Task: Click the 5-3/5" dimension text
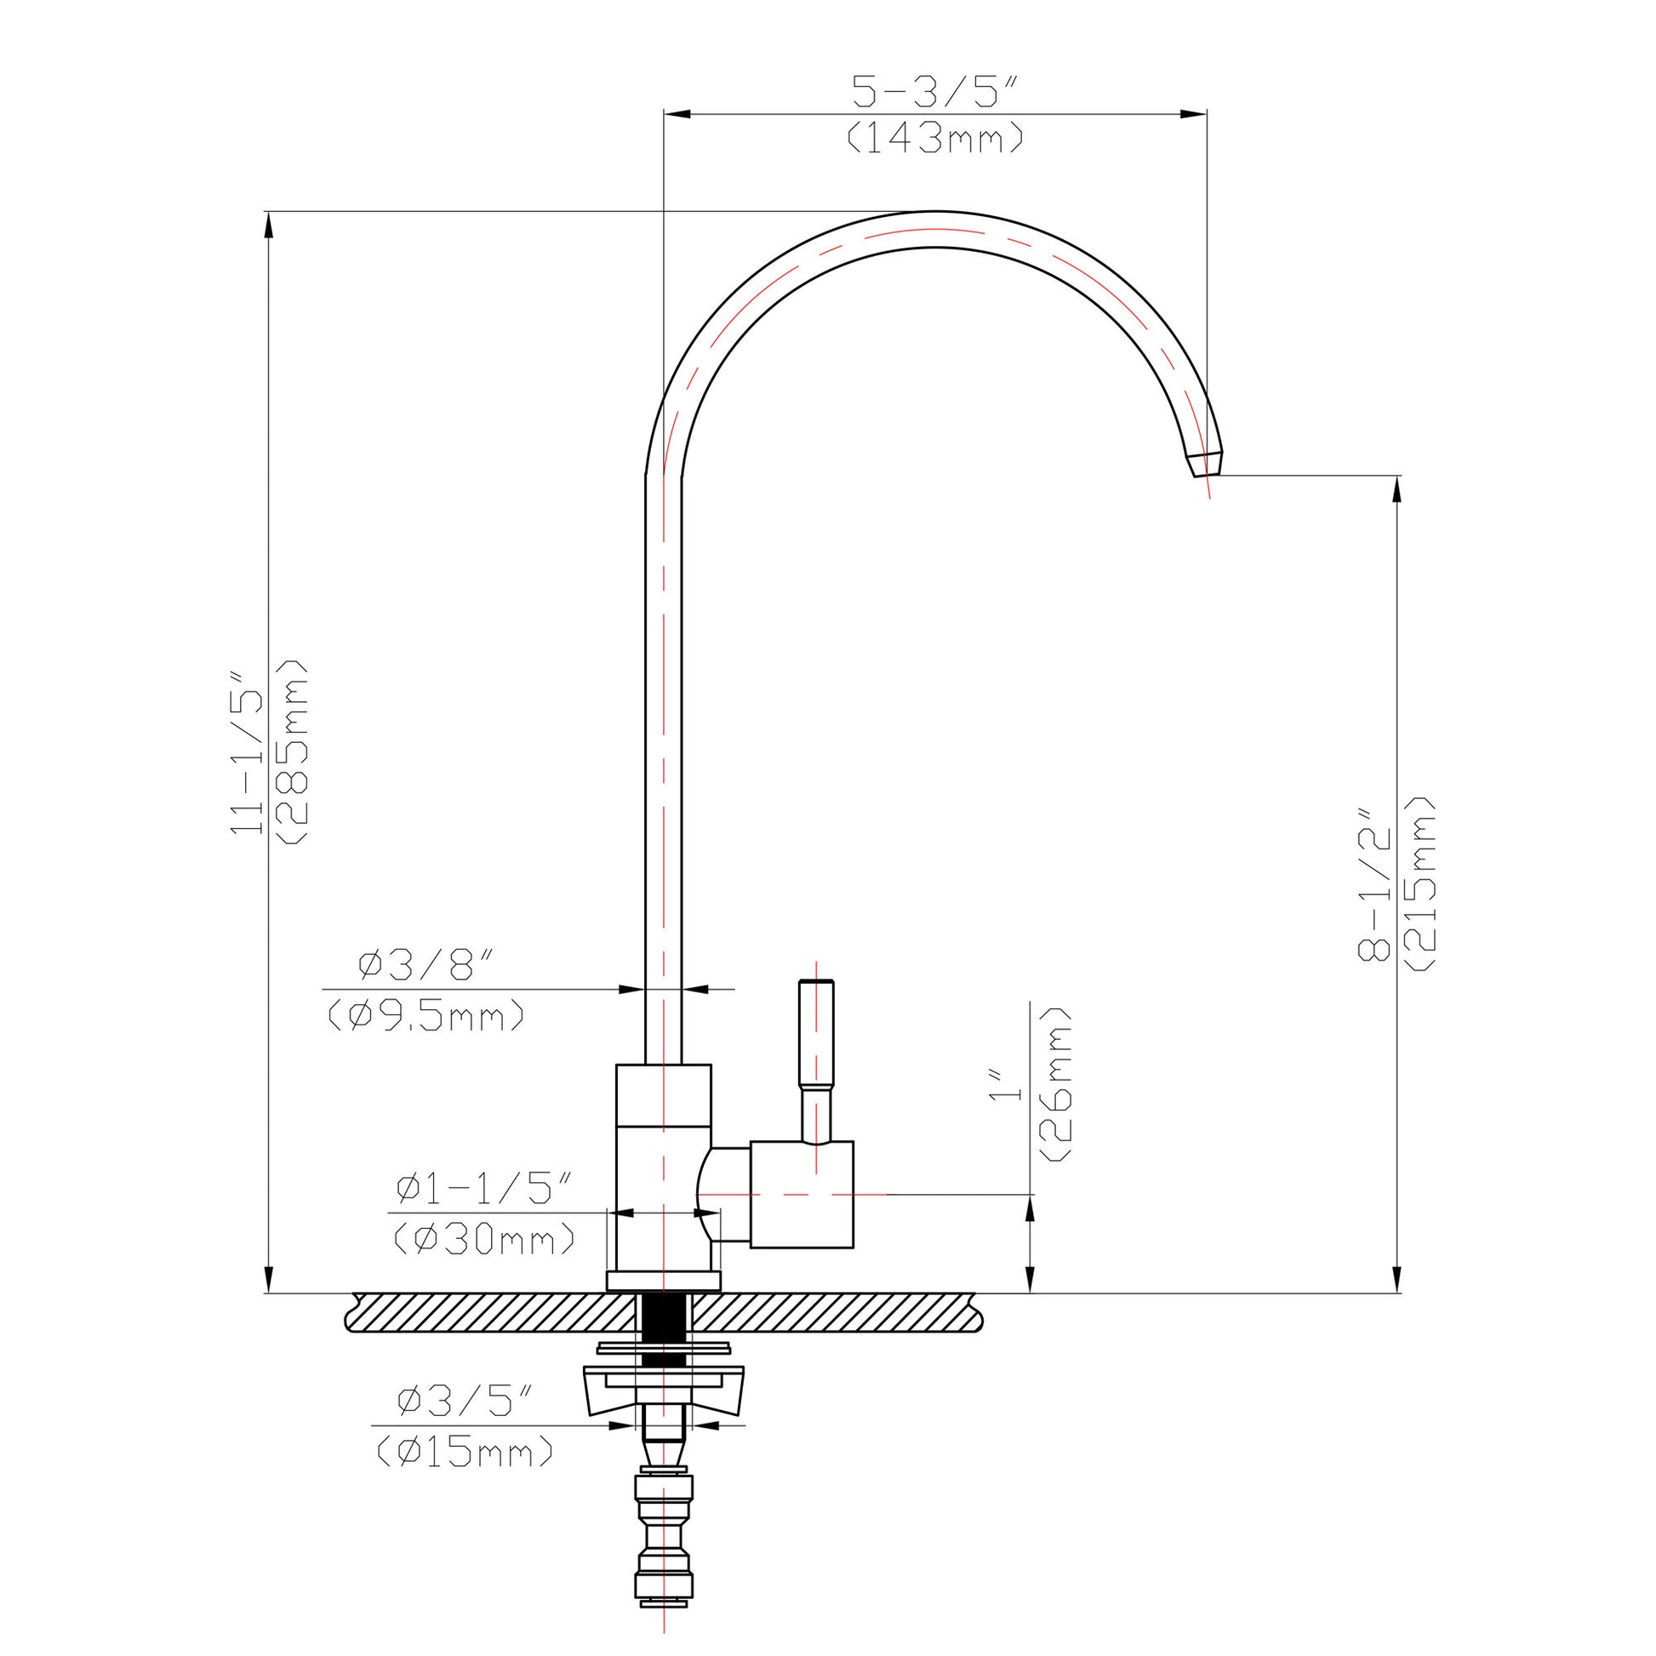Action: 935,92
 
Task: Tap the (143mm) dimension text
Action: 935,138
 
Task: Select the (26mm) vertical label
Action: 1057,1083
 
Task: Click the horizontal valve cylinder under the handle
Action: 802,1193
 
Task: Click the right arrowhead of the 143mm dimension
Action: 1196,114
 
